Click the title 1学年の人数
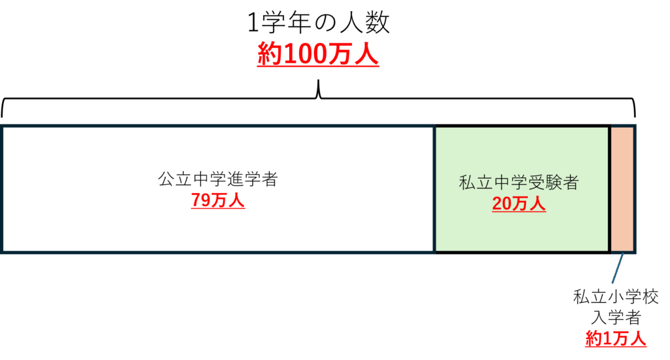click(x=319, y=23)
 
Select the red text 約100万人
click(x=318, y=55)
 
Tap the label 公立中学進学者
click(x=218, y=179)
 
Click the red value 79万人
click(x=218, y=200)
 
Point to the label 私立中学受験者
click(x=519, y=183)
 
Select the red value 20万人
click(x=519, y=204)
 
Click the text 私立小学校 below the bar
click(x=616, y=297)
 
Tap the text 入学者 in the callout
click(x=616, y=317)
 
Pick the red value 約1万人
click(x=616, y=338)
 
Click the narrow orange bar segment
click(x=622, y=189)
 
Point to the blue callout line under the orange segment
click(x=618, y=268)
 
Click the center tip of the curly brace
click(x=319, y=81)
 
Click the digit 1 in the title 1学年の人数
click(x=253, y=24)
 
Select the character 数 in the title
click(x=378, y=23)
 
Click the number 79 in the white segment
click(x=202, y=200)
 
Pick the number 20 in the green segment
click(x=502, y=204)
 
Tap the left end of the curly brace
click(x=2, y=117)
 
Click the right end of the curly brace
click(x=635, y=117)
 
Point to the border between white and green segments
click(x=434, y=189)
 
